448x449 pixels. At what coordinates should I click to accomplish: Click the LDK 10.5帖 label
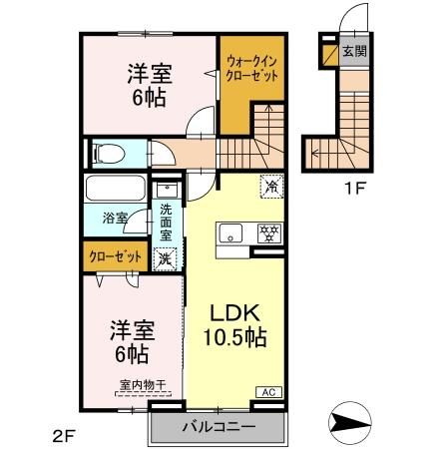coord(236,327)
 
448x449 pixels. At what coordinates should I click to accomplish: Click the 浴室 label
coord(115,218)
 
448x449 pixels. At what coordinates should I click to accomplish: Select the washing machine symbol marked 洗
coord(166,258)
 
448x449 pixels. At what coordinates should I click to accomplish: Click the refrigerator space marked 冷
coord(269,186)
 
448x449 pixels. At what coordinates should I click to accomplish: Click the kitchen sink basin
coord(228,235)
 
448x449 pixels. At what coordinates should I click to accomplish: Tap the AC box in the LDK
coord(268,393)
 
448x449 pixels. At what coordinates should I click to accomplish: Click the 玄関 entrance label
coord(353,51)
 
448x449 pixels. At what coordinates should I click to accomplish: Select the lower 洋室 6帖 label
coord(130,342)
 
